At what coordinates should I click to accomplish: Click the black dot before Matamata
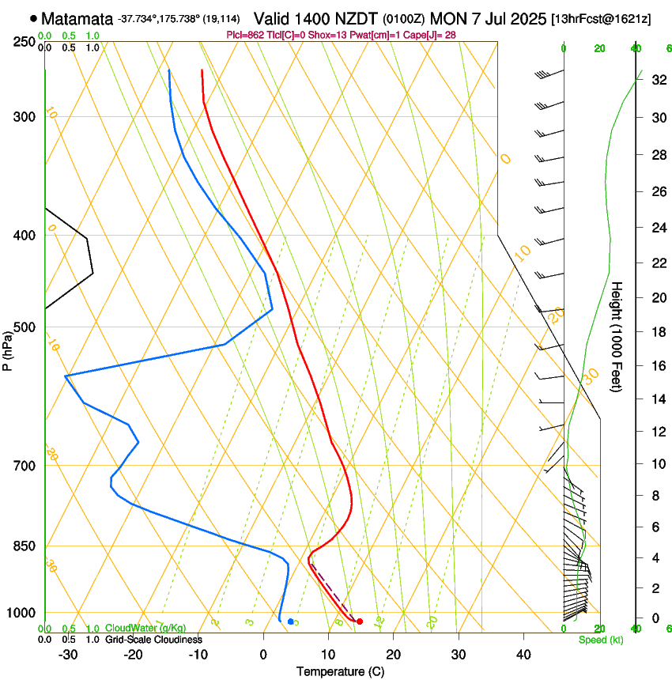tap(33, 18)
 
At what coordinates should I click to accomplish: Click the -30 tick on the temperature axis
tap(68, 654)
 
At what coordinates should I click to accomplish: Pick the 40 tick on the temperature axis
tap(523, 654)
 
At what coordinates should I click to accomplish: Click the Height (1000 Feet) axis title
tap(617, 336)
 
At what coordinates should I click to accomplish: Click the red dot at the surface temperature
tap(360, 621)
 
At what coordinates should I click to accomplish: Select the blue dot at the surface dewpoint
tap(291, 621)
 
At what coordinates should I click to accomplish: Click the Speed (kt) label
tap(601, 640)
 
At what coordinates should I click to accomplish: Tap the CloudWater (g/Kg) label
tap(145, 629)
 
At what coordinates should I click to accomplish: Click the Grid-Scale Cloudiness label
tap(153, 640)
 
